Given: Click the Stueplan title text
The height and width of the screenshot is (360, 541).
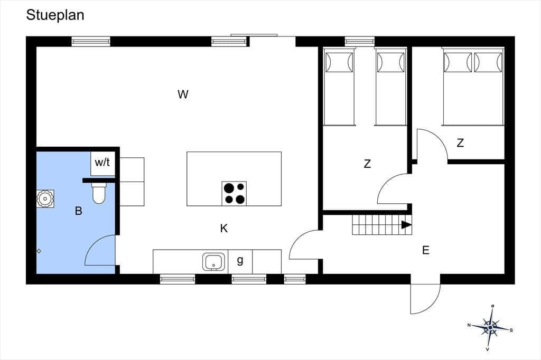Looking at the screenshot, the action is coord(55,15).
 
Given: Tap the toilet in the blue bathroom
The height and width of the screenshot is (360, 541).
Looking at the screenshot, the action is coord(99,193).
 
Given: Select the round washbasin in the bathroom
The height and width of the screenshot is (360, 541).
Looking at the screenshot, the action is coord(45,198).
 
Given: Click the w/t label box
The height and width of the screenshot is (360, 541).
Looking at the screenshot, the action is coord(102,163).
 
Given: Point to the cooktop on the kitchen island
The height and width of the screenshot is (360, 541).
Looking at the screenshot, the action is coord(234,193).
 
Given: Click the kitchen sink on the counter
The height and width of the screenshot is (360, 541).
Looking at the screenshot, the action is coord(213,262).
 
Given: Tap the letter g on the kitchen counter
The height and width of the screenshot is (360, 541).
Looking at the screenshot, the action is coord(240,260).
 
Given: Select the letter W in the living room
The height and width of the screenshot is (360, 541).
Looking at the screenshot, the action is coord(183,94).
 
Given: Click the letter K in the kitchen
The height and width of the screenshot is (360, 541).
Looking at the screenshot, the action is coord(224,228).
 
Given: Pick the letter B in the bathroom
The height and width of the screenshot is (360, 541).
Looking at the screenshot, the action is coord(79,211).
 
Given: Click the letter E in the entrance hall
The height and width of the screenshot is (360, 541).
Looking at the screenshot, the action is coord(426,250).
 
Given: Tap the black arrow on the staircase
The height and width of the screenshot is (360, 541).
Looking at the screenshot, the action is coord(406,225).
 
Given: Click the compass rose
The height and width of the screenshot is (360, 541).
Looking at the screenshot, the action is coord(490,327).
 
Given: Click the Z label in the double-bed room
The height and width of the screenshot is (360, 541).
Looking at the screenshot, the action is coord(460,143).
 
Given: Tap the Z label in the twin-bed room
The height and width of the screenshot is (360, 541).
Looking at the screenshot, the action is coord(368,164).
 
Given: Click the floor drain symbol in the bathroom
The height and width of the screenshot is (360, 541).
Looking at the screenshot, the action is coord(39,251).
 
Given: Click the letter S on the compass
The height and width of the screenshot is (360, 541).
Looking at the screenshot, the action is coord(511,330).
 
